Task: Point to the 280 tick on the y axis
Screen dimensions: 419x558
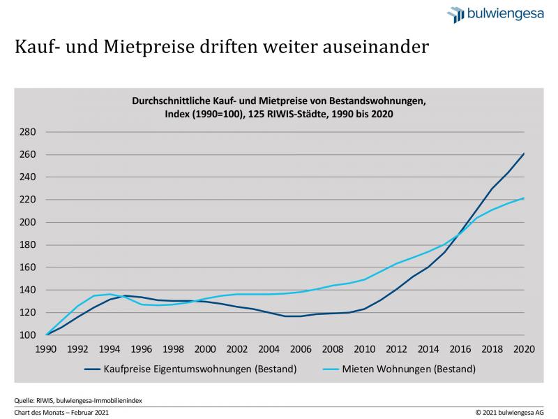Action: tap(26, 132)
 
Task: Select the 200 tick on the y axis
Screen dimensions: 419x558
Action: tap(26, 222)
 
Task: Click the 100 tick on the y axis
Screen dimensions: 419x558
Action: tap(26, 335)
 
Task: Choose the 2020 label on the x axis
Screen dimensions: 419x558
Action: tap(523, 349)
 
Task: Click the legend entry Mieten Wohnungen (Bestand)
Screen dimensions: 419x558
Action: tap(402, 368)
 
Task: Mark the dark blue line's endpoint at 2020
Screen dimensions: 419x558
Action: tap(524, 154)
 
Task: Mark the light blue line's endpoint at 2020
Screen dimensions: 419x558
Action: tap(524, 198)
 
